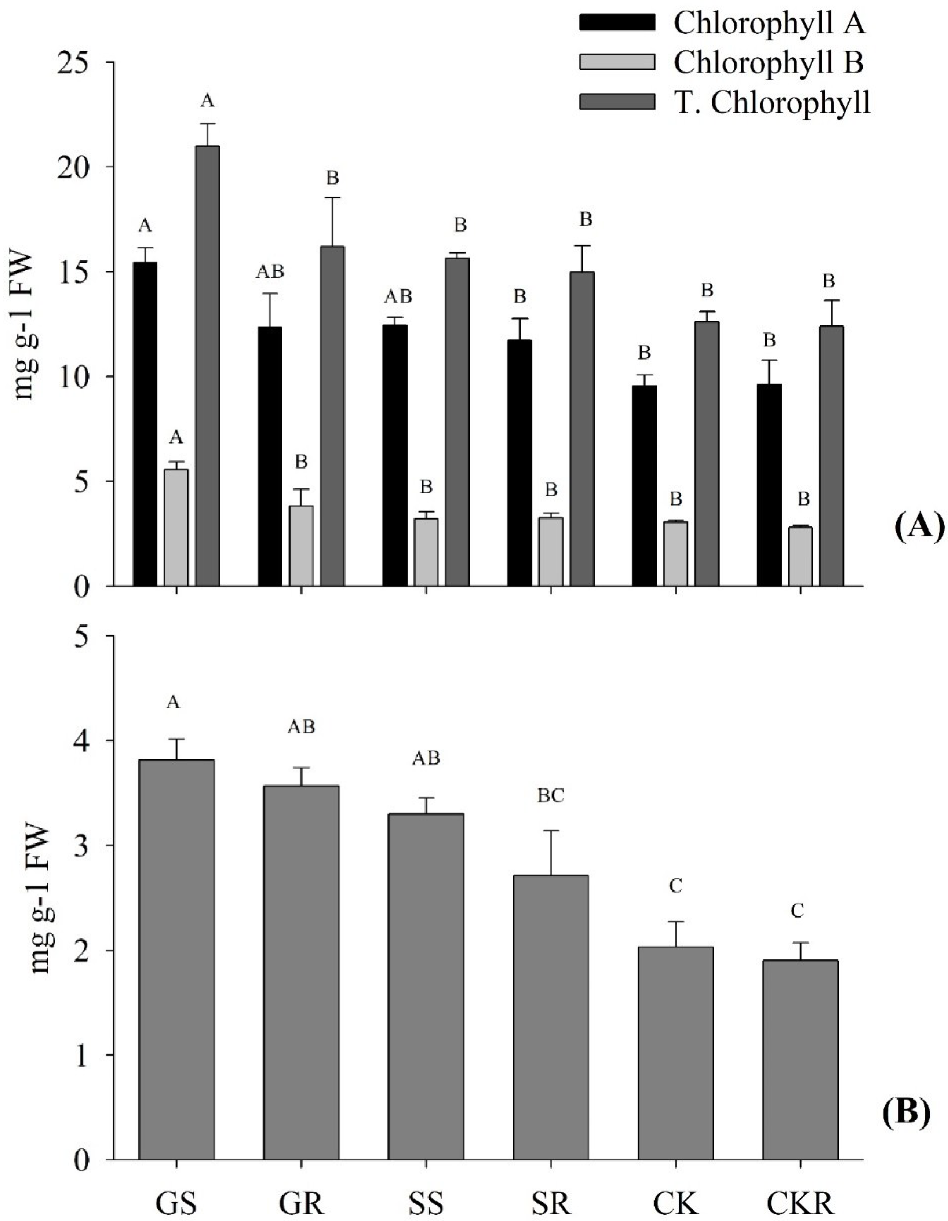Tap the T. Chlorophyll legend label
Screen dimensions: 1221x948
click(772, 102)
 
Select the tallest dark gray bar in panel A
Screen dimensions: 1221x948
click(207, 366)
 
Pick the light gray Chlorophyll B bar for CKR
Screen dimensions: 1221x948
click(800, 556)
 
